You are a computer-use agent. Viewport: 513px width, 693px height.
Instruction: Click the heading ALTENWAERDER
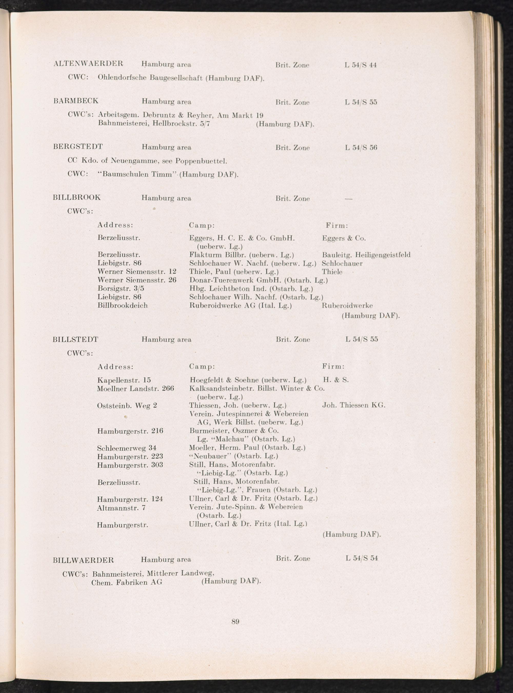coord(88,64)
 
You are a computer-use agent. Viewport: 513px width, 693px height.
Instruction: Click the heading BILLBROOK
coord(77,197)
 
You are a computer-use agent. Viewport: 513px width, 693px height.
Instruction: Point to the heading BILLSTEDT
coord(75,339)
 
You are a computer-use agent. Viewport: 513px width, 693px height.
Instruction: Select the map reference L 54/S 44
coord(361,65)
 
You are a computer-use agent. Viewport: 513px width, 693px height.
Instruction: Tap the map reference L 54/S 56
coord(361,147)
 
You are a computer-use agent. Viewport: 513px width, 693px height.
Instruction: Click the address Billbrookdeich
coord(122,305)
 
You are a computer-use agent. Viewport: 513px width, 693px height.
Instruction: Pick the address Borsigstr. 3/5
coord(121,289)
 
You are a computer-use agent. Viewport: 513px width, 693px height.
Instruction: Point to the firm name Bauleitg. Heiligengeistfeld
coord(366,255)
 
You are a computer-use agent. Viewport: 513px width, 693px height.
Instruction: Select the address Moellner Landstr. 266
coord(135,388)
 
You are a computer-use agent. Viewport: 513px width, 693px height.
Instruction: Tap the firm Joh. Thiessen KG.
coord(354,405)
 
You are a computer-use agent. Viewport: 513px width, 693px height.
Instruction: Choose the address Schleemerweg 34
coord(126,448)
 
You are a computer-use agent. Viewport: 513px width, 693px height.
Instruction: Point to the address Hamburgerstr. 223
coord(130,456)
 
